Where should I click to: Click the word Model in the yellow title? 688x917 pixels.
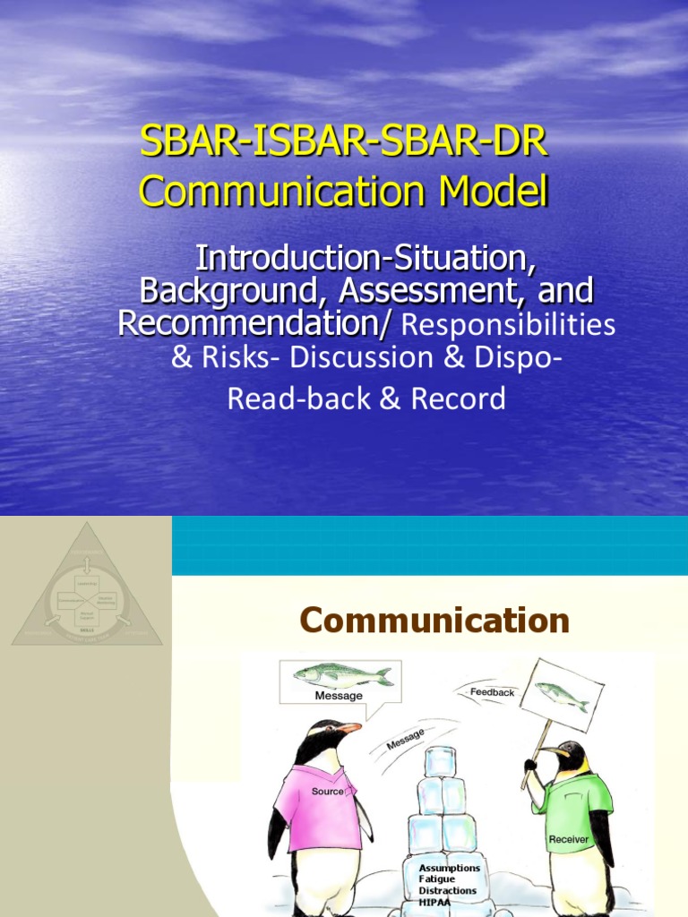tap(485, 193)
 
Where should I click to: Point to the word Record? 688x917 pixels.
tap(458, 399)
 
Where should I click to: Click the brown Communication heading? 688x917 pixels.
tap(434, 620)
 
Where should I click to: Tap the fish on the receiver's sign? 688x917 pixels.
tap(562, 695)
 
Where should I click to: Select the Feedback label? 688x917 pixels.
tap(493, 692)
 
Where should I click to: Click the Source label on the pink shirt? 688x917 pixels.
tap(327, 792)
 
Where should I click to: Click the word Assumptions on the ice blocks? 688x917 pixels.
tap(450, 868)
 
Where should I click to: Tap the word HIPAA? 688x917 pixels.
tap(437, 903)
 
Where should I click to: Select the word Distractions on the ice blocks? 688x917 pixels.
tap(448, 891)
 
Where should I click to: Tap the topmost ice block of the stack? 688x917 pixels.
tap(441, 762)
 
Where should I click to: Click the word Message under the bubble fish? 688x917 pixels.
tap(339, 695)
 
